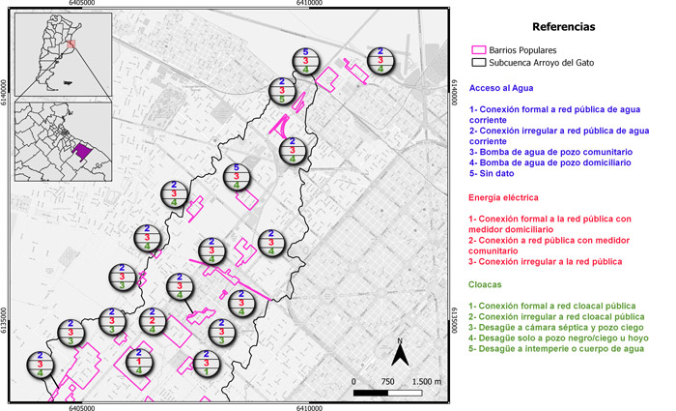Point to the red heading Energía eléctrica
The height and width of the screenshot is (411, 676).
505,196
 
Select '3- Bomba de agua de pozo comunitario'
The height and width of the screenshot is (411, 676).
550,153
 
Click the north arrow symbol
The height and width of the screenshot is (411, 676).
407,352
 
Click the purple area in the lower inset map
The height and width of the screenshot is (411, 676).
83,151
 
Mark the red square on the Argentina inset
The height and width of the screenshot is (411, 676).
70,44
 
